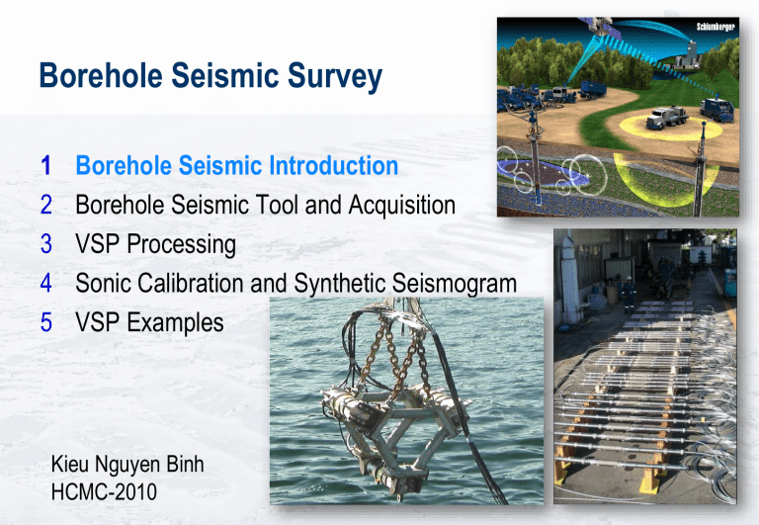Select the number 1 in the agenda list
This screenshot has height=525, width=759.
44,166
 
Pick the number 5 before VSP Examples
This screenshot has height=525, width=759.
44,322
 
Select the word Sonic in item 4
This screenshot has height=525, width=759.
107,284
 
